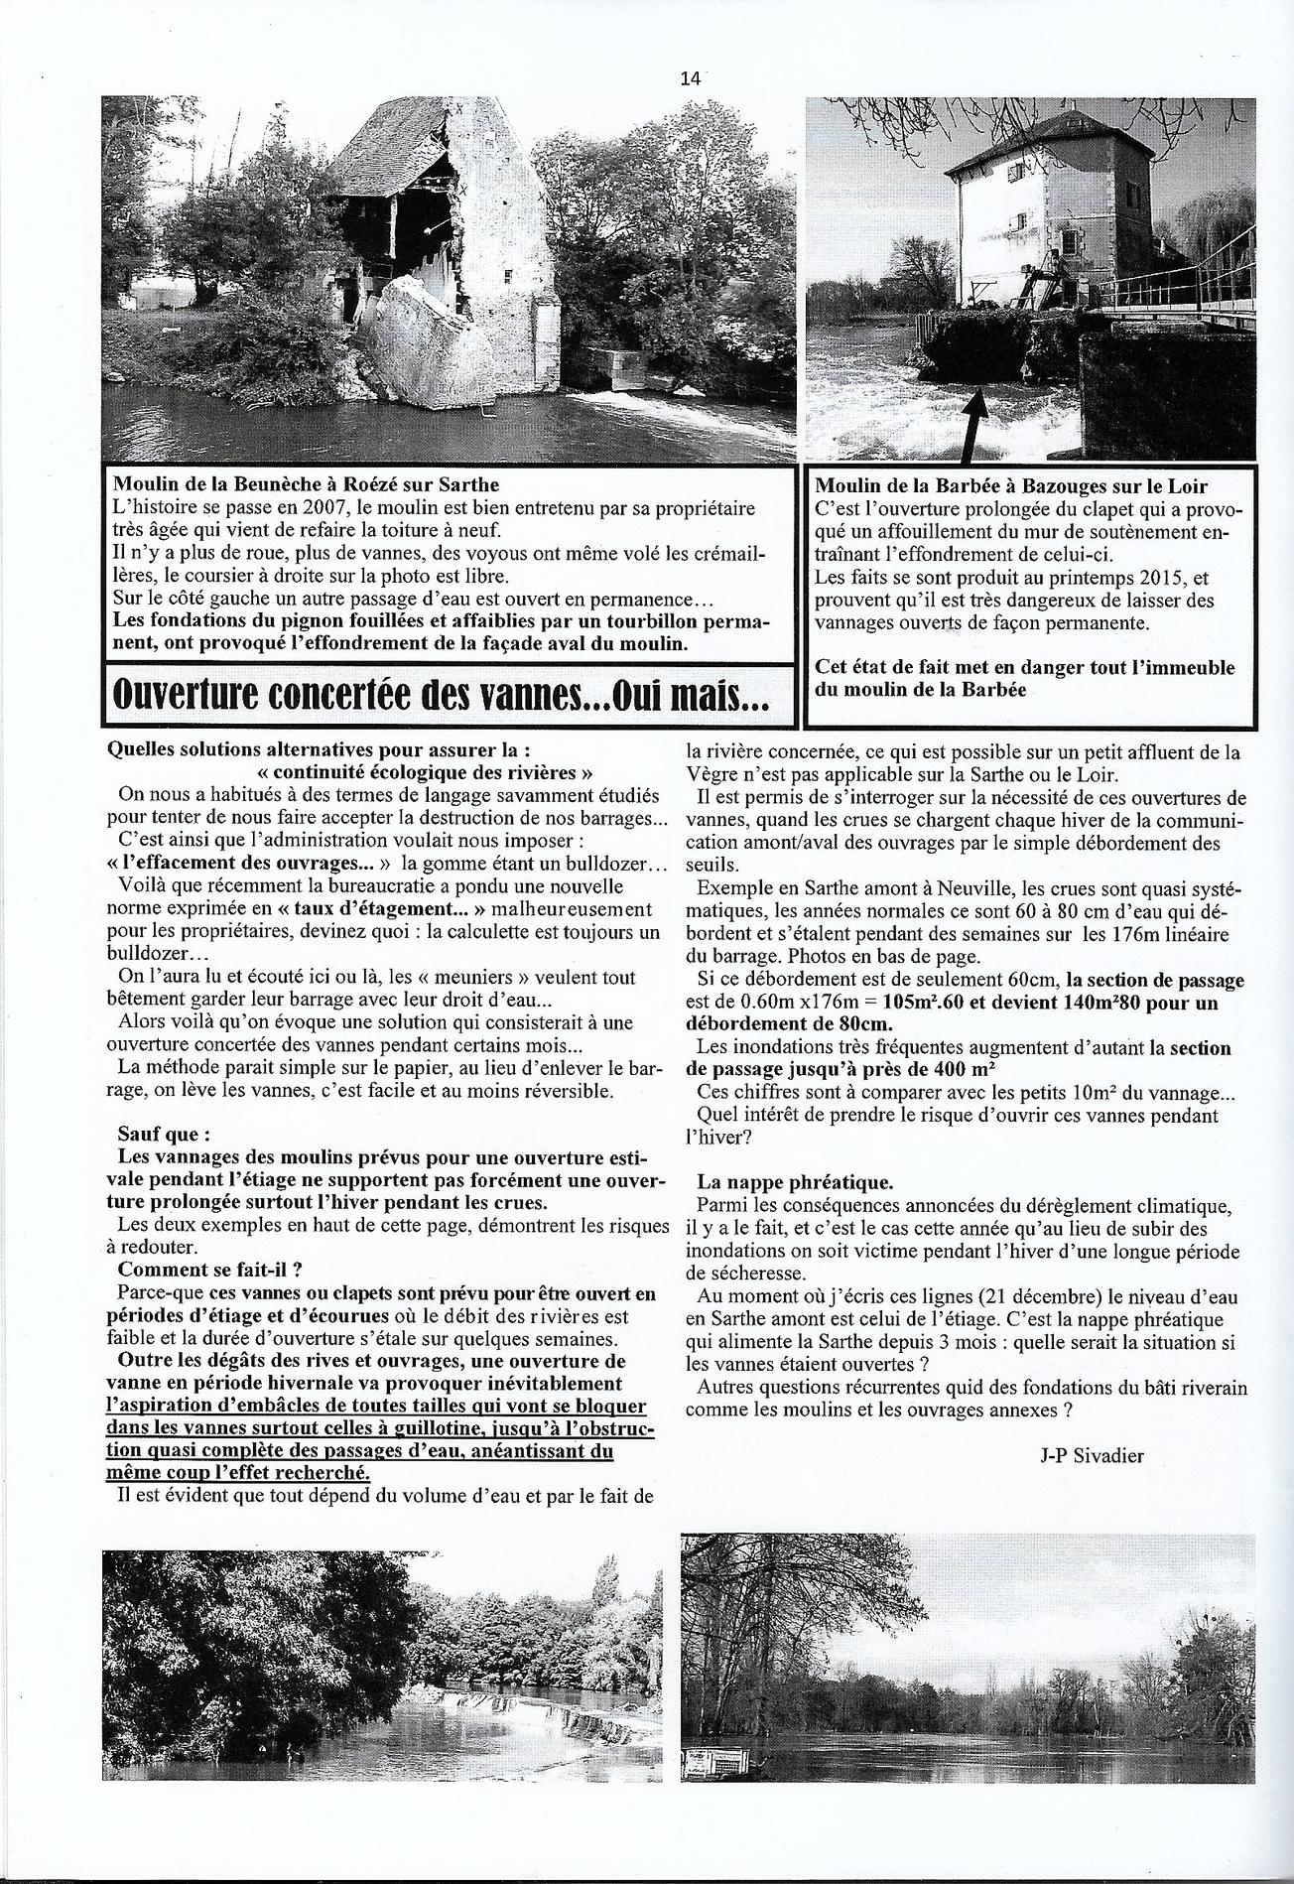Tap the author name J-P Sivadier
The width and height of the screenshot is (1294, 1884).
point(1093,1456)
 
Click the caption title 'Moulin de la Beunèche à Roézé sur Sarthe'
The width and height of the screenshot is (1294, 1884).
point(306,485)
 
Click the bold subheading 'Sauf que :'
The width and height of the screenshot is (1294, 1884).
point(164,1134)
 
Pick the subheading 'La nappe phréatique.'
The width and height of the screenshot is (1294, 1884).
point(795,1182)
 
